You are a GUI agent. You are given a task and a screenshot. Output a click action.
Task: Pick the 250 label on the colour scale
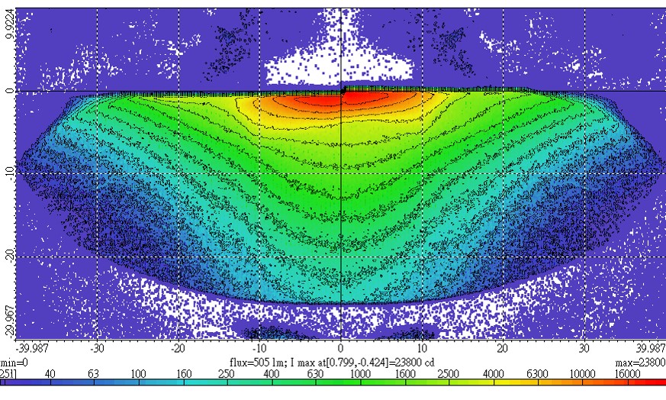(x=227, y=373)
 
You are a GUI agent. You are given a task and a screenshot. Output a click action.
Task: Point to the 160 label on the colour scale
(x=183, y=373)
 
